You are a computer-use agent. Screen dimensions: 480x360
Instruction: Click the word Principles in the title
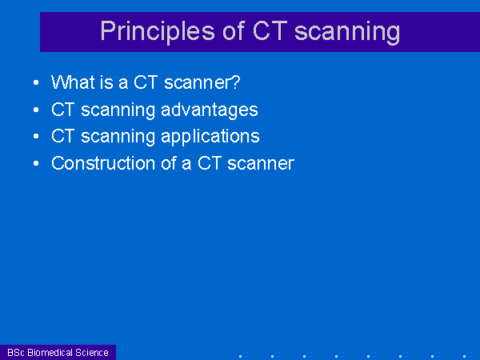point(158,32)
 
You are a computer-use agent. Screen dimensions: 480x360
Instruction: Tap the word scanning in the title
point(347,32)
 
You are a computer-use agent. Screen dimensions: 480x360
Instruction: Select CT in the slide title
point(270,30)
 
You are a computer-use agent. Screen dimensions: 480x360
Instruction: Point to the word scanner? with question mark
point(202,82)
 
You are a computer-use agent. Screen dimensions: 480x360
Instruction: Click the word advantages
point(210,110)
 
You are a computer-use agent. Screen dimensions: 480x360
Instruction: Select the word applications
point(210,137)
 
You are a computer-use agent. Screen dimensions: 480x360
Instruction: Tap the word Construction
point(103,163)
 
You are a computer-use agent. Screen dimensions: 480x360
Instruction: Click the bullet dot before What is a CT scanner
point(36,82)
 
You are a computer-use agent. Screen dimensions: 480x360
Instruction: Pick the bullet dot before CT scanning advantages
point(36,110)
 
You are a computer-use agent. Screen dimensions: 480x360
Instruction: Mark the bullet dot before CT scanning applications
point(36,137)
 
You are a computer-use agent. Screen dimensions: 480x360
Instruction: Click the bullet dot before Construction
point(36,163)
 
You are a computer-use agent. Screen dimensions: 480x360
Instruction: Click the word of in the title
point(234,30)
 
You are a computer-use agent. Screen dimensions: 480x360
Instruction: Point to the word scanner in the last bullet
point(261,164)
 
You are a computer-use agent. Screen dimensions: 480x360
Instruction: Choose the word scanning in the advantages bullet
point(118,110)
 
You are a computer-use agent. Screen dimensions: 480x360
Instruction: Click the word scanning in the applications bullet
point(118,137)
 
